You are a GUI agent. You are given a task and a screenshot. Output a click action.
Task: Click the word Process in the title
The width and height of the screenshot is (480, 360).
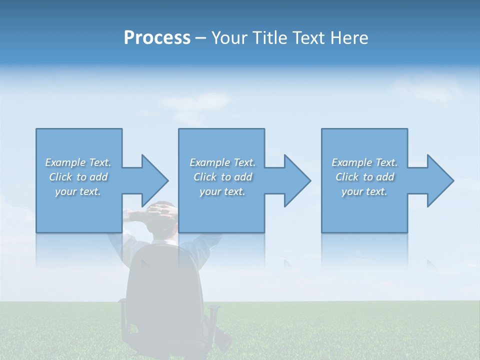157,37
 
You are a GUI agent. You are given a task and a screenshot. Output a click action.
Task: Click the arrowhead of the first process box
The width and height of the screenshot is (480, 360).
155,180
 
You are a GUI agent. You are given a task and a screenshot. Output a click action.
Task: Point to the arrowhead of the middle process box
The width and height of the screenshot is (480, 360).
297,180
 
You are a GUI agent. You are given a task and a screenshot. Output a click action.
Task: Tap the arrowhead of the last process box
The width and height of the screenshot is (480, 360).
440,180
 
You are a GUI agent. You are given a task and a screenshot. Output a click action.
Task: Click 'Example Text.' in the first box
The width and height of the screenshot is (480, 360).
78,162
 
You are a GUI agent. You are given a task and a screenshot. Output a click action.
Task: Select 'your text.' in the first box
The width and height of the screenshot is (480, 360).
78,191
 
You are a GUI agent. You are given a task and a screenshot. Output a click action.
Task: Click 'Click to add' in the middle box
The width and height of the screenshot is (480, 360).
222,177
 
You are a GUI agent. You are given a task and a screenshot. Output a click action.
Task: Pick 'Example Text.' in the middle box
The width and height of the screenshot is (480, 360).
222,162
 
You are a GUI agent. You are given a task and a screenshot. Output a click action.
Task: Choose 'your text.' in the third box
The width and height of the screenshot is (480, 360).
364,191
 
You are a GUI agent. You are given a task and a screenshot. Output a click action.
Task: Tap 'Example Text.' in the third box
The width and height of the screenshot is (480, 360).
364,162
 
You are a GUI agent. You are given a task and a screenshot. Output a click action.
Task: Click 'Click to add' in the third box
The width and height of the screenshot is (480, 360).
364,177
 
